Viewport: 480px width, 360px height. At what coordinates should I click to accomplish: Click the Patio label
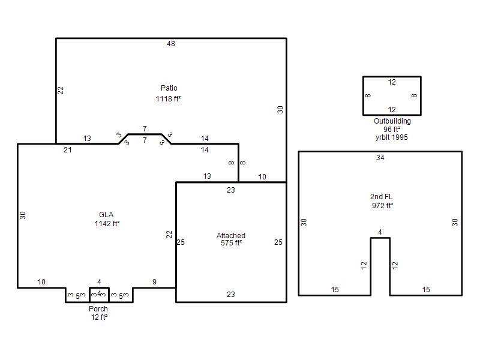tap(169, 88)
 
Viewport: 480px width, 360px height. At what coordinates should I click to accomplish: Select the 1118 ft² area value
tap(168, 98)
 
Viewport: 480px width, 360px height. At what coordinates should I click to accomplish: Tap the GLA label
tap(106, 215)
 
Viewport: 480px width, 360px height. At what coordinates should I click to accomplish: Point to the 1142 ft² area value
tap(107, 223)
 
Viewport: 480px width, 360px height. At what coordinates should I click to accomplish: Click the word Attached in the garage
tap(231, 235)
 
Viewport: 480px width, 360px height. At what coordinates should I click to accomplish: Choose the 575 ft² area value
tap(231, 243)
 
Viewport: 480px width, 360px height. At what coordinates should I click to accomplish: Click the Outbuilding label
tap(392, 121)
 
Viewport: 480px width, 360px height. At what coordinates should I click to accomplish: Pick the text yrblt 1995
tap(392, 137)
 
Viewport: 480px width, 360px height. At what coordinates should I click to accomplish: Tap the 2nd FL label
tap(381, 197)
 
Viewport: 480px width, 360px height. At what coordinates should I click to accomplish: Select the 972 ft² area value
tap(382, 205)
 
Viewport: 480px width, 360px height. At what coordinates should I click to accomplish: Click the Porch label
tap(98, 308)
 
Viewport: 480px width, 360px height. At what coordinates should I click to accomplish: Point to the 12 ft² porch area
tap(99, 317)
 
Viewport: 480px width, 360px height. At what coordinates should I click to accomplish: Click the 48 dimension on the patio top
tap(171, 44)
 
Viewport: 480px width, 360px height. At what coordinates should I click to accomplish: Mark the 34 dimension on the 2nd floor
tap(380, 158)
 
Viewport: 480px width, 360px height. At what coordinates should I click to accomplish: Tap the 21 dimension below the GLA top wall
tap(68, 150)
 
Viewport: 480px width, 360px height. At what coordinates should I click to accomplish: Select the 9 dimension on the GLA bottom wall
tap(154, 281)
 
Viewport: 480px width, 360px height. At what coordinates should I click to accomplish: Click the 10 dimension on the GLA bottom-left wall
tap(41, 281)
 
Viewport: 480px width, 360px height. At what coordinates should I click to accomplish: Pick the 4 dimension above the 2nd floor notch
tap(380, 232)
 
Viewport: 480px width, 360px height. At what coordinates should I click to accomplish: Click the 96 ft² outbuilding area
tap(392, 129)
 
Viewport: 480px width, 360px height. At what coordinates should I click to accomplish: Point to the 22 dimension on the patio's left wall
tap(61, 91)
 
